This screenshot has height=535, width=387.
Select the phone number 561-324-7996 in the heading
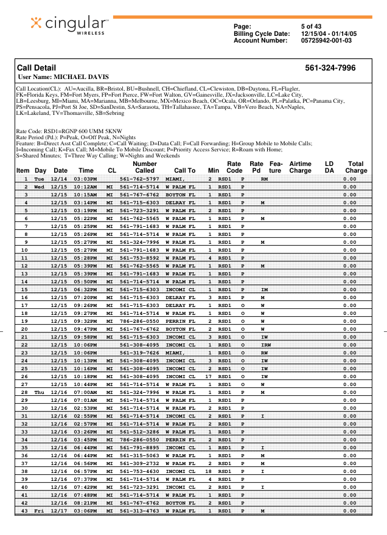tap(330, 68)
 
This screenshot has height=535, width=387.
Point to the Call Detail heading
tap(37, 68)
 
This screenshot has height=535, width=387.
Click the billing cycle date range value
tap(329, 33)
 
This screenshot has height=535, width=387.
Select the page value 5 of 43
tap(311, 26)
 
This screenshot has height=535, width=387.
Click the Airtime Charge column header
tap(300, 167)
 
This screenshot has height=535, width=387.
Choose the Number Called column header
tap(144, 167)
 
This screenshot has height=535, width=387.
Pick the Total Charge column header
tap(355, 167)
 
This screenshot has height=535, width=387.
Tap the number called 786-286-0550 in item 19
tap(139, 321)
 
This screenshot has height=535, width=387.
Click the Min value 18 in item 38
tap(208, 471)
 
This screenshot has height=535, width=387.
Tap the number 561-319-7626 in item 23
tap(139, 353)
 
